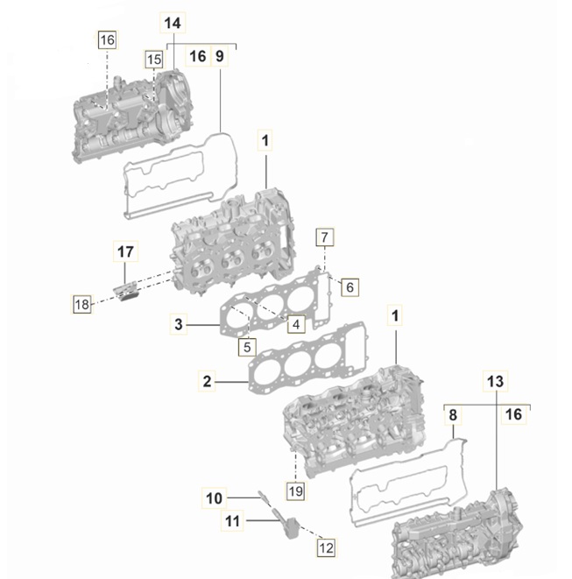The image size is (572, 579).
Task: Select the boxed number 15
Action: click(153, 60)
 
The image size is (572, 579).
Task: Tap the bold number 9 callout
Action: click(220, 56)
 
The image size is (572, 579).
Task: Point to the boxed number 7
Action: click(323, 237)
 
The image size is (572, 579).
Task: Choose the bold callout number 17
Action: click(125, 252)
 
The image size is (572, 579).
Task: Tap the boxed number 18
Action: click(81, 304)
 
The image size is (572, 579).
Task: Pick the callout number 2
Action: click(207, 381)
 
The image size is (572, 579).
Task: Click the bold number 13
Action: click(495, 381)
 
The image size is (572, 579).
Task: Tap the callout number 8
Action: click(453, 414)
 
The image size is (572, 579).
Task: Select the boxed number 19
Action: click(295, 491)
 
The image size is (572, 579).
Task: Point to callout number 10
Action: click(215, 498)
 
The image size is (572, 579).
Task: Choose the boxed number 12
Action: click(326, 548)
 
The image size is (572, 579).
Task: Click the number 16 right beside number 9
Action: click(197, 56)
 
